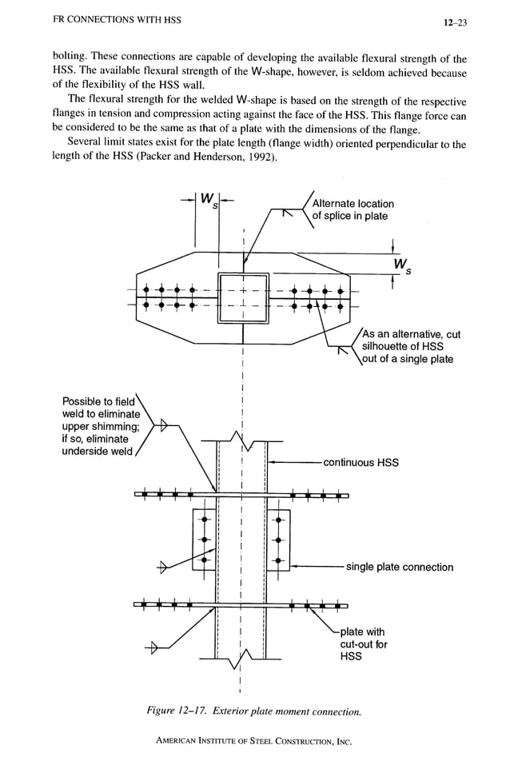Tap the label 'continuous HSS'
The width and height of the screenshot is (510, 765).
pos(361,462)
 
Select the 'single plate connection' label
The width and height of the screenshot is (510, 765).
pos(399,567)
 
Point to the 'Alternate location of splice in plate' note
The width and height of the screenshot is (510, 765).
pos(353,209)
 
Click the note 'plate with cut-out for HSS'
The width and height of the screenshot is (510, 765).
pos(362,643)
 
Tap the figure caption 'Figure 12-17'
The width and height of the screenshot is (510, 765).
pos(254,711)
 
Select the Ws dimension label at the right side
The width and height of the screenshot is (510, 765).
pos(400,265)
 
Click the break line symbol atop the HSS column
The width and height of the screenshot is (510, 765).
pos(241,439)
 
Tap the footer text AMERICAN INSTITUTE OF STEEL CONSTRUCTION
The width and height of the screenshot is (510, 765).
pos(254,741)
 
